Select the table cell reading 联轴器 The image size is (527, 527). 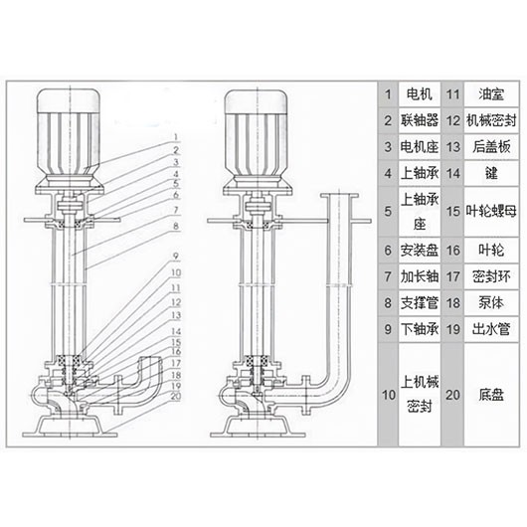416,121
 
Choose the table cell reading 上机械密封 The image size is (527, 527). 416,395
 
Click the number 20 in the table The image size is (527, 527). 452,395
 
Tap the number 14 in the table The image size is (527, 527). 452,173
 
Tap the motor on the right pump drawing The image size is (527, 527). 257,134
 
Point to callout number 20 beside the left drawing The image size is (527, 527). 175,396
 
